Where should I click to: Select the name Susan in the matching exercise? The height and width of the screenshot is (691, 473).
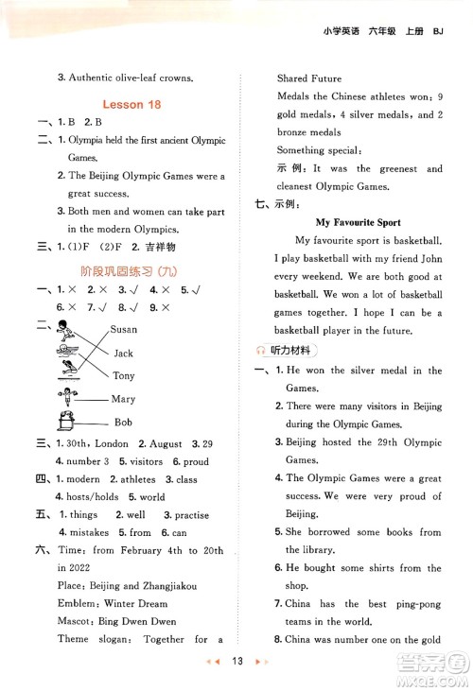point(124,330)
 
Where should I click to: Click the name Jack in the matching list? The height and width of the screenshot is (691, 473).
point(123,354)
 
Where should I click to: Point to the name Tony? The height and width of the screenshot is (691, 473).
point(124,376)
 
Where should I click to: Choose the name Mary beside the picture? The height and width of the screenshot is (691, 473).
point(123,400)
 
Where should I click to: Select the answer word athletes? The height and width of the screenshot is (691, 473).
point(140,479)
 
